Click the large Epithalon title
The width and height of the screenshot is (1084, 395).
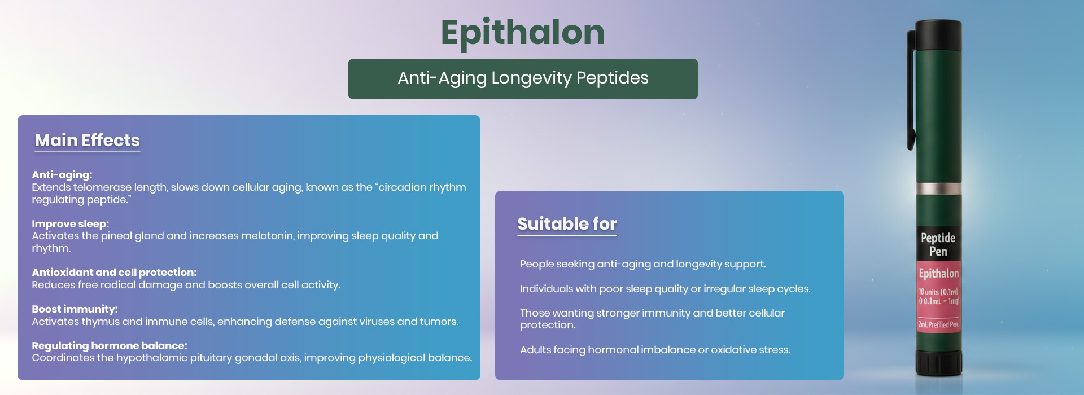point(523,33)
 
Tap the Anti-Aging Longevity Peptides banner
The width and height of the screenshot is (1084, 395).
point(523,79)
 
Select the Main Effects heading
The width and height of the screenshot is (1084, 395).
point(88,141)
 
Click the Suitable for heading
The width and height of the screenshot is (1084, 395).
point(567,224)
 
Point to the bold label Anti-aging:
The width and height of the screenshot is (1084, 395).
point(62,175)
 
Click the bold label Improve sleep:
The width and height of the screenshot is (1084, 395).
point(71,224)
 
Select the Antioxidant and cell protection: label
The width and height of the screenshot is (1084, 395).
point(115,273)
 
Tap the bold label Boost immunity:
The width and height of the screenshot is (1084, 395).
point(75,309)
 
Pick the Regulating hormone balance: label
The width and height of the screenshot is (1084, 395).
point(110,346)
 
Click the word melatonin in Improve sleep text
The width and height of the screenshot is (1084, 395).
point(268,236)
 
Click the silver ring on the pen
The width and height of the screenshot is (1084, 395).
point(938,188)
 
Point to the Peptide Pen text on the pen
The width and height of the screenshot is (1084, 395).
point(938,244)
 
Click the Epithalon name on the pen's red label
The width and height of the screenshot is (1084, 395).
point(938,274)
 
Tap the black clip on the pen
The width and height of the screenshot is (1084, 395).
point(911,90)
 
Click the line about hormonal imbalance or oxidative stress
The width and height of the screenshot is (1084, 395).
point(655,350)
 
